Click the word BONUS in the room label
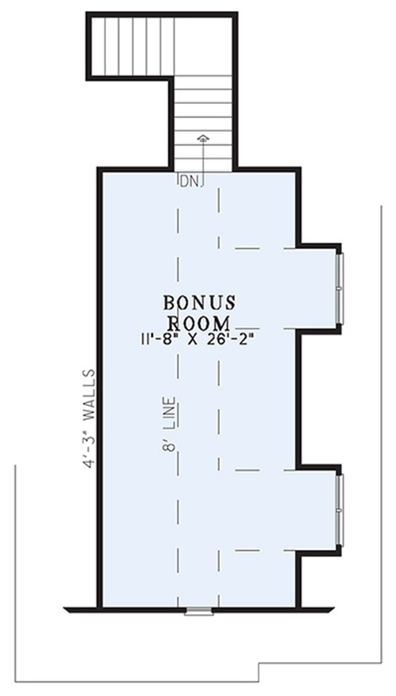(x=199, y=303)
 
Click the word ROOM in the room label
(x=199, y=323)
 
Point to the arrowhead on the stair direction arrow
(x=203, y=138)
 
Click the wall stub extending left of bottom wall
(x=81, y=609)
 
